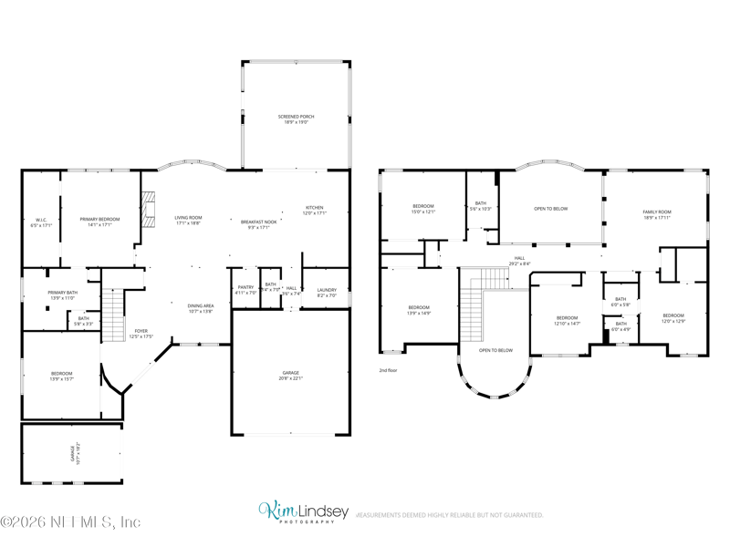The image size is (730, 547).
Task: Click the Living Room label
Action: [188, 220]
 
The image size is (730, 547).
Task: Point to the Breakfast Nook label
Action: [255, 224]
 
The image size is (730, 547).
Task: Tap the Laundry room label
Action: [327, 293]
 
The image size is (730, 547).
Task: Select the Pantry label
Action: [246, 290]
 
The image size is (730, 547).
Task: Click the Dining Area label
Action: [200, 309]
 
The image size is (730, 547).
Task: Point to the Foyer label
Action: [141, 334]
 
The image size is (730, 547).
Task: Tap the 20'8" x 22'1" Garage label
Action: [290, 375]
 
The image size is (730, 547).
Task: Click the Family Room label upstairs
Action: [657, 214]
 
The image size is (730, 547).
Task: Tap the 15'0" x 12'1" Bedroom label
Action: [422, 209]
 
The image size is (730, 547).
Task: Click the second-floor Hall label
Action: [519, 261]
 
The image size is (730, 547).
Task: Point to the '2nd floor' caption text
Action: [389, 370]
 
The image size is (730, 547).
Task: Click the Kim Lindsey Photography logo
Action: [303, 512]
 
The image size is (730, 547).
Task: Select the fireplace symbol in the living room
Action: [149, 209]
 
